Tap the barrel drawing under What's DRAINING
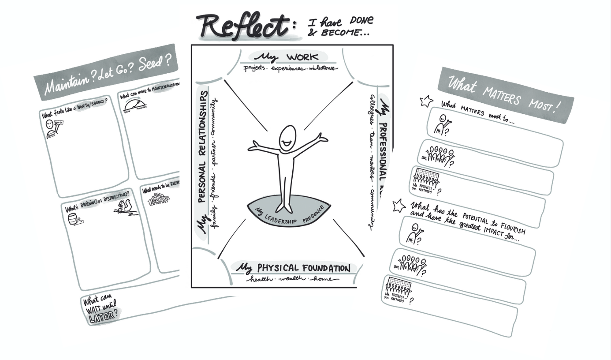tap(73, 219)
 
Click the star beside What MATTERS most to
tap(426, 101)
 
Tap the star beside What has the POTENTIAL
tap(399, 205)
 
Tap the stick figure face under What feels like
tap(50, 125)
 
